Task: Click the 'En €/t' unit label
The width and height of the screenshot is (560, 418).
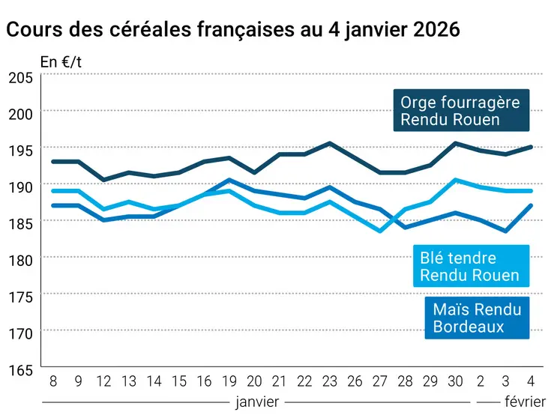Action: (61, 62)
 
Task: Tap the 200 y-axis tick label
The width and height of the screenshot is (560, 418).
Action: (20, 112)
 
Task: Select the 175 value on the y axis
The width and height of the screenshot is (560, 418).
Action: (20, 296)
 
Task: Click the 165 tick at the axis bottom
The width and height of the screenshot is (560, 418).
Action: (20, 369)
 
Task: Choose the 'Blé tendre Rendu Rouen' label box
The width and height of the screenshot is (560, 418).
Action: (469, 266)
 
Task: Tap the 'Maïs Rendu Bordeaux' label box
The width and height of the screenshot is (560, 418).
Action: (476, 317)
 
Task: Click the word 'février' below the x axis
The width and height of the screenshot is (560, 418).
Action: (524, 402)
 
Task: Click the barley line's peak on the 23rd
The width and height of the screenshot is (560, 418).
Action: (329, 143)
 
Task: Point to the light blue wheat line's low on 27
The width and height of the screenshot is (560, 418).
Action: (380, 231)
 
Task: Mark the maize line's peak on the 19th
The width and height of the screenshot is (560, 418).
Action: (229, 180)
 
